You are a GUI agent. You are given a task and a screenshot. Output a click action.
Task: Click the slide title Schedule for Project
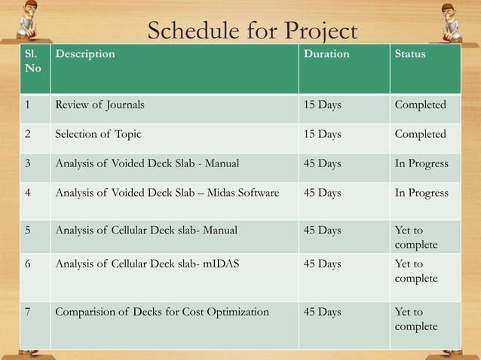pos(252,31)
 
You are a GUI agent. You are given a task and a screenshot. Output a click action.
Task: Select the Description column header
pos(85,54)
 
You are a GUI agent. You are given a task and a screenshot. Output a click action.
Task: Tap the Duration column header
pos(326,54)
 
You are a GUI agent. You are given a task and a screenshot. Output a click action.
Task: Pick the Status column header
pos(410,54)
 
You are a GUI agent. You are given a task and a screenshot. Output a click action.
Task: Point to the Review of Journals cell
pos(100,105)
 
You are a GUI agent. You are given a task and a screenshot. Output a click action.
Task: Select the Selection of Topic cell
pos(97,134)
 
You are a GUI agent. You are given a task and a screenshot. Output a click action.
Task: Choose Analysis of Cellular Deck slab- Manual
pos(149,230)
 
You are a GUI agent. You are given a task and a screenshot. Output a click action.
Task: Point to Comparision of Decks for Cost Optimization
pos(161,312)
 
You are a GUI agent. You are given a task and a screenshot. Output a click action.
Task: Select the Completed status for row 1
pos(420,105)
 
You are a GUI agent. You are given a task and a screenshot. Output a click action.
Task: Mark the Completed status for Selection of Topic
pos(420,134)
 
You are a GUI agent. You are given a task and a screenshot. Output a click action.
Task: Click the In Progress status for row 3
pos(421,163)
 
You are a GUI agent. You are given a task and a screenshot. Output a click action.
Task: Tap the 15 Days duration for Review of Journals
pos(322,105)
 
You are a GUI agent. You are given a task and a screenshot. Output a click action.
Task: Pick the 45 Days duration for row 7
pos(322,312)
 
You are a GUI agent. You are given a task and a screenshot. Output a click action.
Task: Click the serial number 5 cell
pos(27,230)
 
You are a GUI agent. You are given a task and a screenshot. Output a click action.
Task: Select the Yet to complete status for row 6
pos(415,271)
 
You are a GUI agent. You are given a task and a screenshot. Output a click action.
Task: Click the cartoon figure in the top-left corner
pos(29,19)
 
